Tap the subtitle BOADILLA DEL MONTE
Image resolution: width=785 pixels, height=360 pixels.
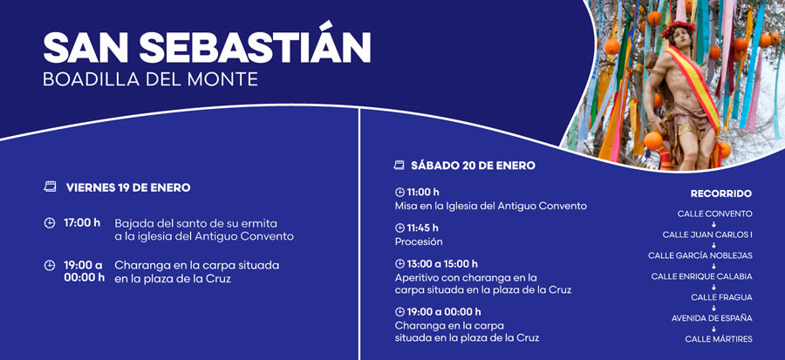click(x=150, y=79)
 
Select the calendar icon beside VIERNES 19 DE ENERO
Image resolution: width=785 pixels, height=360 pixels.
click(x=50, y=187)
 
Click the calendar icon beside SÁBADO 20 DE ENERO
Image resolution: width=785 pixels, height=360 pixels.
click(x=399, y=165)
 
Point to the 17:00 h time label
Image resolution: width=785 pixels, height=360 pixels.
click(x=82, y=222)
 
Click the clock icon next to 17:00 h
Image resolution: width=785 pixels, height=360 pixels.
click(x=50, y=223)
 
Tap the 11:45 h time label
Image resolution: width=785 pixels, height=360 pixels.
click(x=422, y=228)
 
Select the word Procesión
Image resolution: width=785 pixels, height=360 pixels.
click(x=419, y=242)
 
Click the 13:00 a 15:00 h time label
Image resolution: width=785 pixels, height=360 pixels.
click(x=442, y=264)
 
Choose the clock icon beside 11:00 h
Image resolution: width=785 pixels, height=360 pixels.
click(x=399, y=192)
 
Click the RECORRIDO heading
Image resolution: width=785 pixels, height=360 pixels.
click(x=721, y=194)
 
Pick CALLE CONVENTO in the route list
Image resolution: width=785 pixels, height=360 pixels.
click(x=715, y=214)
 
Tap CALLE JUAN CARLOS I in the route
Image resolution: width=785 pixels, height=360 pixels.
click(x=707, y=234)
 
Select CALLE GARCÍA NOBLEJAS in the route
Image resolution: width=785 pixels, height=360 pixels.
click(x=700, y=255)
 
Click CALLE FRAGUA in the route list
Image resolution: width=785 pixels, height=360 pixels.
click(x=722, y=297)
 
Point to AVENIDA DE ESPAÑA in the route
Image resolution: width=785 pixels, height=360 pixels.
click(x=712, y=318)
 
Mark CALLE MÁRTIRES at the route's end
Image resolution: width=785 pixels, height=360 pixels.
click(x=719, y=339)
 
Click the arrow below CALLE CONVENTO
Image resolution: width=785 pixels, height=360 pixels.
click(x=713, y=225)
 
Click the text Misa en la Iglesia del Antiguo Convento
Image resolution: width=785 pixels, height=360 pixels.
click(x=490, y=206)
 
